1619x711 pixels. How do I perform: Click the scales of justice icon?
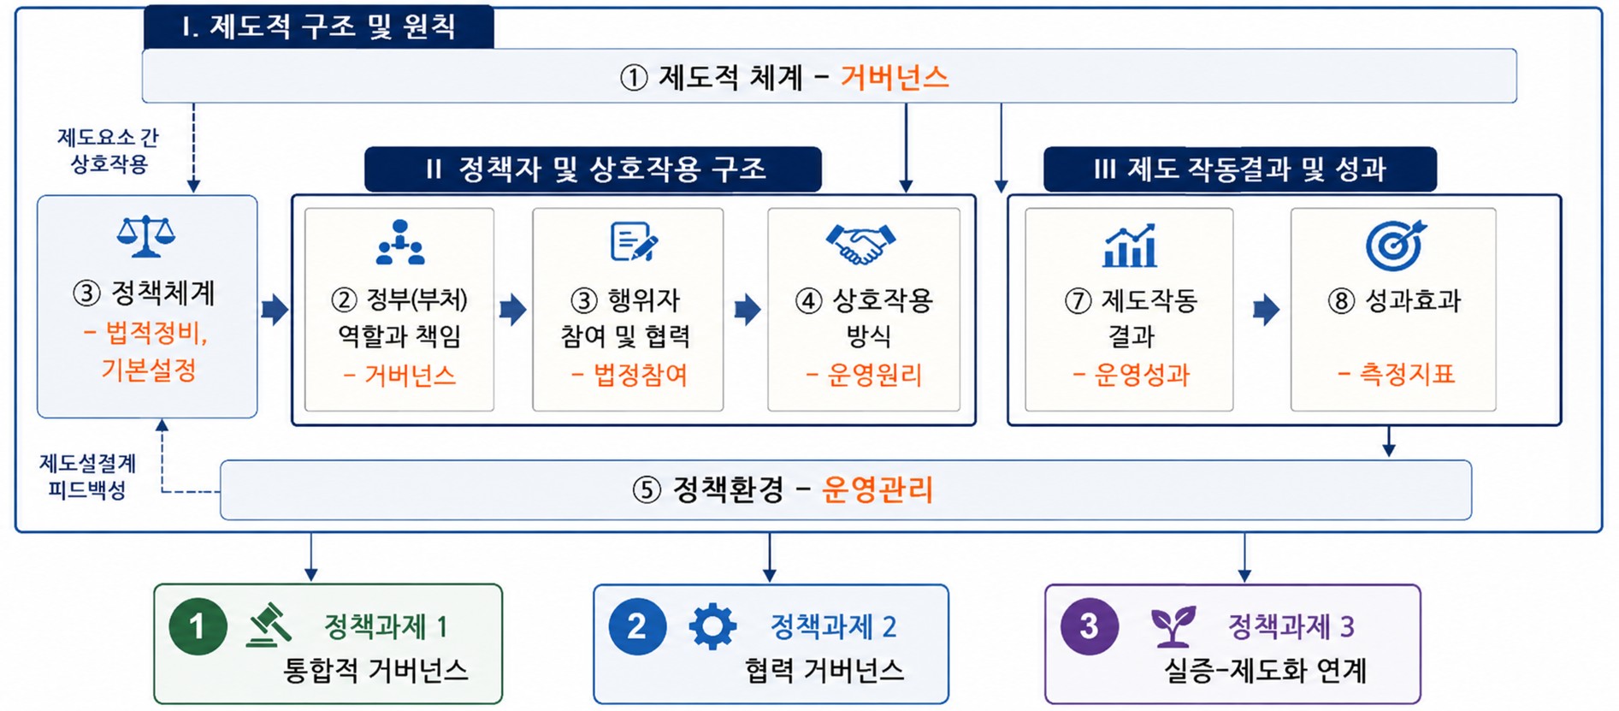[146, 236]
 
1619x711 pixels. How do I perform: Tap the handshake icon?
[861, 244]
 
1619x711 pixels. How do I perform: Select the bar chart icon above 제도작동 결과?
[1130, 246]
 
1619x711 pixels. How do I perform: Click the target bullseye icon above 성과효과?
[1396, 245]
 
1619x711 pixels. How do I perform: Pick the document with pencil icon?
[634, 242]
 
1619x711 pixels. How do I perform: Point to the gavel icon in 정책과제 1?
[269, 625]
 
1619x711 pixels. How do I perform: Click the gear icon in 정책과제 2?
[712, 627]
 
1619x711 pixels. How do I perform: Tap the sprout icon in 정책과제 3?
[1173, 627]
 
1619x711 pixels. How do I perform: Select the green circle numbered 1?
[198, 626]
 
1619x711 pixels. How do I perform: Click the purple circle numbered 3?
[1090, 626]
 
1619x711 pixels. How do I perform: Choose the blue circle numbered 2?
[637, 626]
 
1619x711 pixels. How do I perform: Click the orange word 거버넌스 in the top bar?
[895, 77]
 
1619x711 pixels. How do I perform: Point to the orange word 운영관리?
[877, 489]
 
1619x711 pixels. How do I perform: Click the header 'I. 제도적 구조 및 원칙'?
[318, 27]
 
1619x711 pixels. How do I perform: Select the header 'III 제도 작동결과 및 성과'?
[1239, 169]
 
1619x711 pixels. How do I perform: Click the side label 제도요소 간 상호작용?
[108, 151]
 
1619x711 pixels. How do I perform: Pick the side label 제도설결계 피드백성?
[87, 477]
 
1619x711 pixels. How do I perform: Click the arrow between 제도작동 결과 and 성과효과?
[1267, 309]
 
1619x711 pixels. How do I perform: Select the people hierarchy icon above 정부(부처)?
[400, 242]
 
